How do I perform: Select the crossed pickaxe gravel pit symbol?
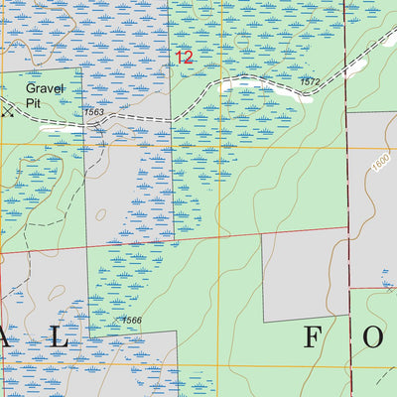tap(9, 112)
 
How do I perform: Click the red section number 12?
tap(185, 58)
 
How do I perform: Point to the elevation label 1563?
tap(94, 112)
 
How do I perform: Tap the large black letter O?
tap(372, 338)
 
